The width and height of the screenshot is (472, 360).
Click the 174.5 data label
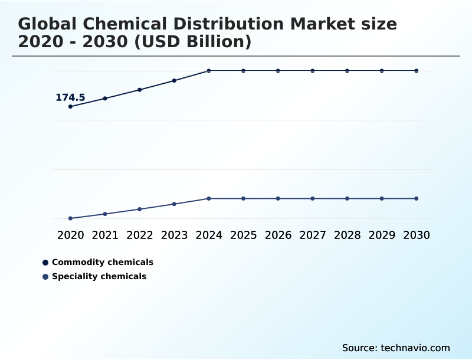70,97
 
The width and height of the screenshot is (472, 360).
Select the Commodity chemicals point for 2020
70,107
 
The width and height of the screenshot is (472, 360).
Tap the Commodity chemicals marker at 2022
140,90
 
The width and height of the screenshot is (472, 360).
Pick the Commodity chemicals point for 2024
209,71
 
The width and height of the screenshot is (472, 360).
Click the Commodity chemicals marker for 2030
416,71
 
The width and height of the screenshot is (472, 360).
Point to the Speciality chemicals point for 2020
70,218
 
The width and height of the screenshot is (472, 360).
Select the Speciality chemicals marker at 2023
174,204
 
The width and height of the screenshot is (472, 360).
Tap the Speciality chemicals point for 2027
313,198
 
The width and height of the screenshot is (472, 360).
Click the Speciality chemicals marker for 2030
416,198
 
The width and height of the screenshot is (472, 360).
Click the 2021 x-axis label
105,235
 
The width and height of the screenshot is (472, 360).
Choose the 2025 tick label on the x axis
243,235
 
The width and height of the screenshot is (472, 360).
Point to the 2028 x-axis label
347,235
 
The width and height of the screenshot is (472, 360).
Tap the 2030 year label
416,235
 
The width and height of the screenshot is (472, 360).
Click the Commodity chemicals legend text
102,262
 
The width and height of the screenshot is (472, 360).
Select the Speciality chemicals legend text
99,276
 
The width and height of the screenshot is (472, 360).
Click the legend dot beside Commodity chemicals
45,263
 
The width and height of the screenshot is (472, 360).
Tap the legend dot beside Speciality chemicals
45,277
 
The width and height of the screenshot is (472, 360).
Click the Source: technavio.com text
396,348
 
